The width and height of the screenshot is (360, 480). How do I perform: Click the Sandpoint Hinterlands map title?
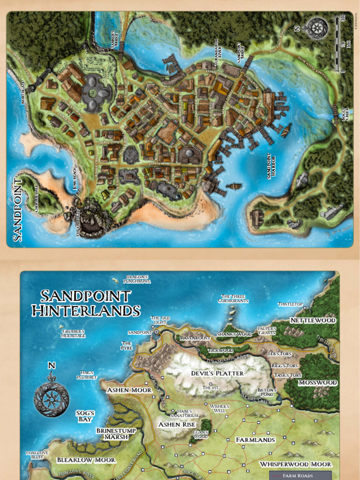click(86, 303)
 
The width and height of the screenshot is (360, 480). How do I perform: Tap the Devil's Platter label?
click(217, 373)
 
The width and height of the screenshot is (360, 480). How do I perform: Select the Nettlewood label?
click(313, 320)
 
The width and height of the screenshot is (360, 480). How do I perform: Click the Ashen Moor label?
click(129, 390)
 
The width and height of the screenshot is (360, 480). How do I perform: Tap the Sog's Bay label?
click(85, 416)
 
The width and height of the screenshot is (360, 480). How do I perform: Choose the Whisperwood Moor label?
click(295, 464)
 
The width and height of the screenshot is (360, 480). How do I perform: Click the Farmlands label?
click(255, 440)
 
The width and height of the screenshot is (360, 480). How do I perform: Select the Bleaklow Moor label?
click(86, 460)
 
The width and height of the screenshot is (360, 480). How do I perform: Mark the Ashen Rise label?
click(176, 424)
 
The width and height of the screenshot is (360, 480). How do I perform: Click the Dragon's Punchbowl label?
click(136, 279)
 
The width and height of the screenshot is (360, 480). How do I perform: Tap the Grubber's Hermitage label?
click(74, 333)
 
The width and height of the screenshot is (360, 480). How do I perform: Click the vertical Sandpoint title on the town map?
click(18, 209)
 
